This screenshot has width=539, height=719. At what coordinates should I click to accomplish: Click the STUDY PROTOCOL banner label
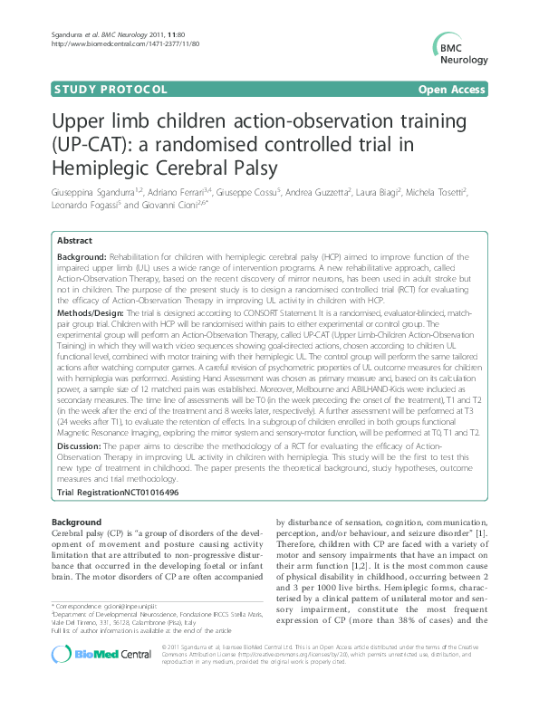pyautogui.click(x=99, y=91)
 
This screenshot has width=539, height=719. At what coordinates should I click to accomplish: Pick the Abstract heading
pyautogui.click(x=74, y=241)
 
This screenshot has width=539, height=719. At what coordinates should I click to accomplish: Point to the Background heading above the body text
pyautogui.click(x=77, y=522)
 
